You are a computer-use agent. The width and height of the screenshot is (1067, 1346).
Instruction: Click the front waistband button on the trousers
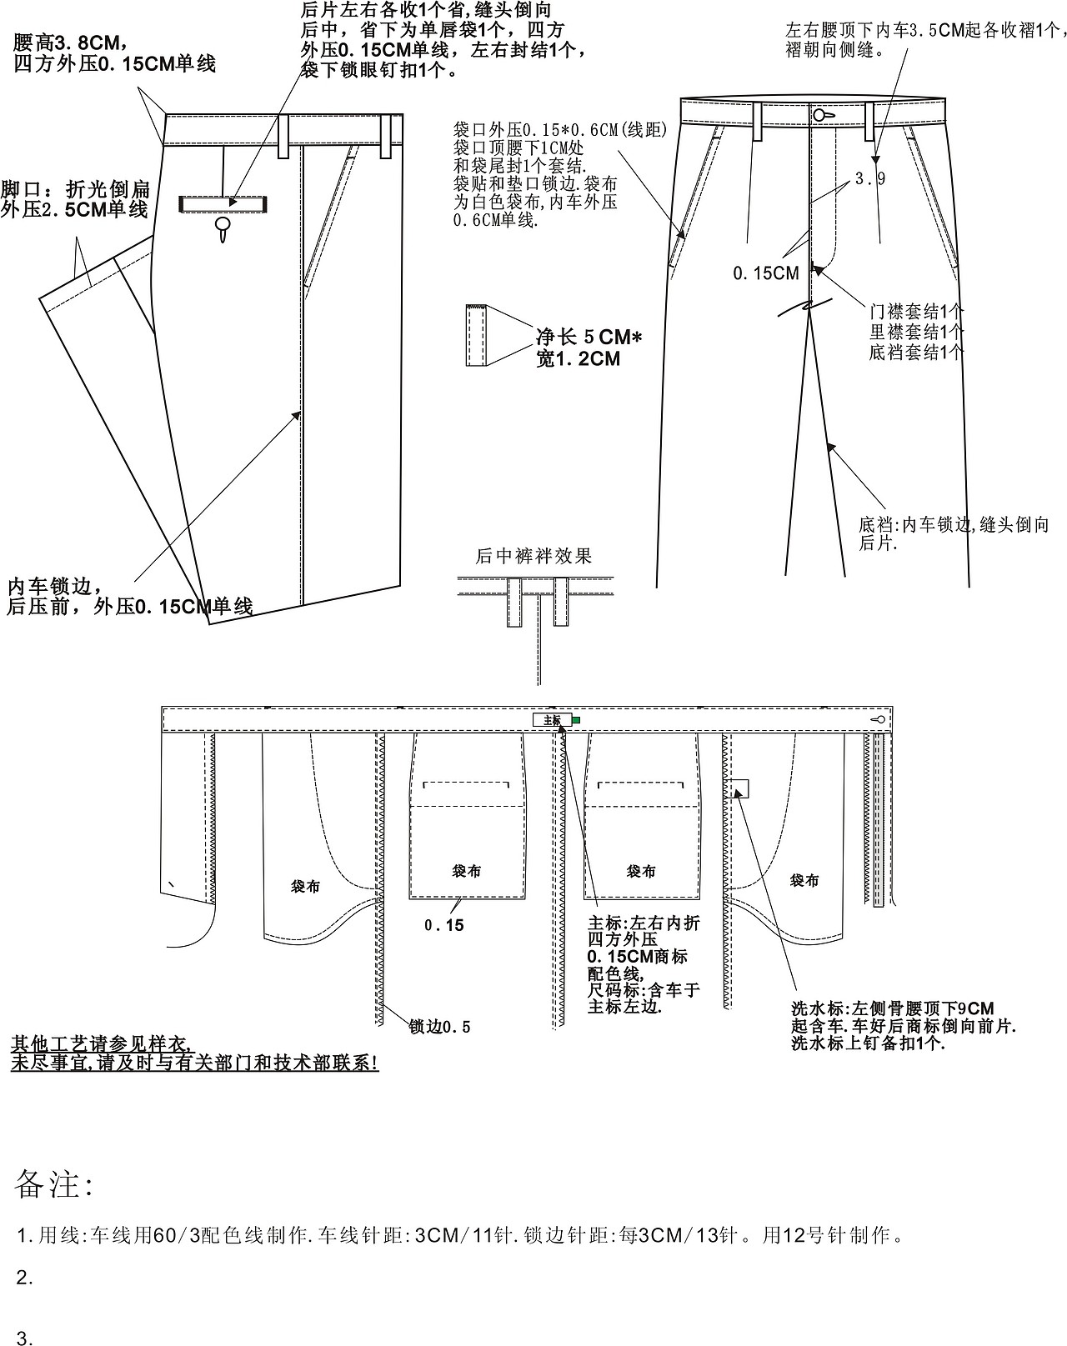pos(819,114)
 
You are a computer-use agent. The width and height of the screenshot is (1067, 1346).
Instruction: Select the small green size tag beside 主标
pos(576,719)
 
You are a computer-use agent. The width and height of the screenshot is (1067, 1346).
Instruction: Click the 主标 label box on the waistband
pos(552,719)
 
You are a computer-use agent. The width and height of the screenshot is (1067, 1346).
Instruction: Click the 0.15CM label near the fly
pos(765,273)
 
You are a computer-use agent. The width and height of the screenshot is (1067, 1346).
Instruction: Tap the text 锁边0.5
pos(439,1027)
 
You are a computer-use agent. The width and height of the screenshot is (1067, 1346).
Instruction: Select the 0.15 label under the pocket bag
pos(443,925)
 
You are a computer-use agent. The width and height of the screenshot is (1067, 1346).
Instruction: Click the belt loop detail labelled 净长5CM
pos(476,336)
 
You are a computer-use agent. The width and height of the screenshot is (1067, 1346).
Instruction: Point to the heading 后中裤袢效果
pos(533,556)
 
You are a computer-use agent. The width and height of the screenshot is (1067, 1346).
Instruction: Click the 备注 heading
pos(54,1183)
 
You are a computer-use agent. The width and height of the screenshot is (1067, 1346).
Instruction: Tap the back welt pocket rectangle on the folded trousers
pos(223,203)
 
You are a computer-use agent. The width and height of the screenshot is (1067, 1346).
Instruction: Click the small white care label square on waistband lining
pos(739,788)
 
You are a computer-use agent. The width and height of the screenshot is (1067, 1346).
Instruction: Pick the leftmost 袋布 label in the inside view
pos(304,887)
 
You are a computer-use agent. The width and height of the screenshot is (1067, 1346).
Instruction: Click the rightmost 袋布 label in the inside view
pos(804,880)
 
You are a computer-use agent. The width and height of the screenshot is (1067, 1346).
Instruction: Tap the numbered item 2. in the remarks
pos(25,1278)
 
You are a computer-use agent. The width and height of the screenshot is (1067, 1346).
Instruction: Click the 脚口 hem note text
pos(75,200)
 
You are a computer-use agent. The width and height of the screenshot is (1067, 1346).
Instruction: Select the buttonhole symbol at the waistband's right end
pos(878,719)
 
